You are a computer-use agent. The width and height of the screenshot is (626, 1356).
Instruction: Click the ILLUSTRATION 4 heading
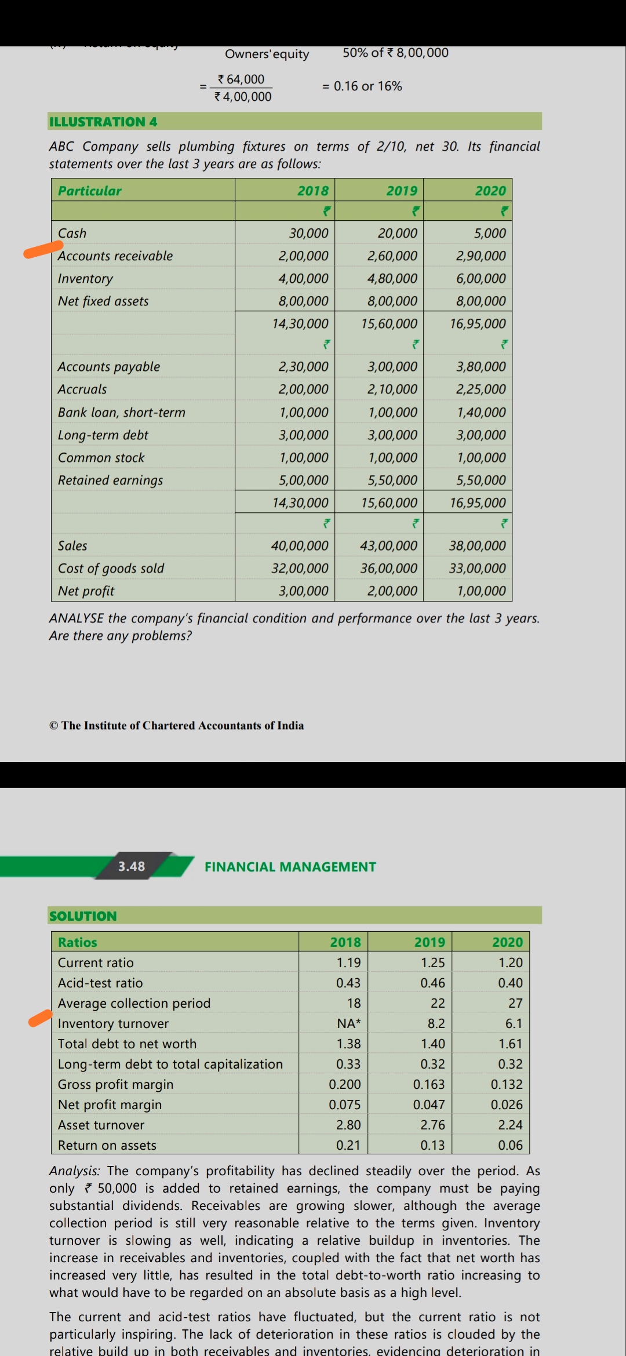[x=103, y=122]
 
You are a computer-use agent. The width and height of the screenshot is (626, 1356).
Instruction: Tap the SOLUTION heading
[x=83, y=916]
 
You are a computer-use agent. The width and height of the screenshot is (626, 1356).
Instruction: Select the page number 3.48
[x=132, y=866]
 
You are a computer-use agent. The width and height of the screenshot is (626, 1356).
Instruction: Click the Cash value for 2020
[x=490, y=234]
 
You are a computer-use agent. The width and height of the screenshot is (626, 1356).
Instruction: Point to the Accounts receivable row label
[x=115, y=256]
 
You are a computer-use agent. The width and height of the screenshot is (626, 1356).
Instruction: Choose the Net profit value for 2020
[x=481, y=591]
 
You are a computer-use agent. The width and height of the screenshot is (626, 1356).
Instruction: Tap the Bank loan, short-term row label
[x=122, y=413]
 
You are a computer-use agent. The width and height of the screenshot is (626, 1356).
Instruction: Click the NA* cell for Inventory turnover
[x=348, y=1023]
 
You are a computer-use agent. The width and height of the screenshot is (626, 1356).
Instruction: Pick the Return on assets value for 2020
[x=510, y=1145]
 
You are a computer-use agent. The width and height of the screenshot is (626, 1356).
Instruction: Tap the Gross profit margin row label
[x=115, y=1084]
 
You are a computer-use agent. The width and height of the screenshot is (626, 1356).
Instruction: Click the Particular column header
[x=90, y=191]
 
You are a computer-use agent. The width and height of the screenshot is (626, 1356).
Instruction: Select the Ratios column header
[x=78, y=942]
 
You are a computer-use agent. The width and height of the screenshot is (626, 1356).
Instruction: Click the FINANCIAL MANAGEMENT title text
[x=290, y=867]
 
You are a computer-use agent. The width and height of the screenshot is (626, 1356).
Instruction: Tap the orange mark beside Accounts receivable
[x=43, y=250]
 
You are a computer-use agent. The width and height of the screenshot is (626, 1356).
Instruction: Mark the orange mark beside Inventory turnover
[x=41, y=1018]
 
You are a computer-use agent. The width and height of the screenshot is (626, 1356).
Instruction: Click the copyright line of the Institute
[x=177, y=726]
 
